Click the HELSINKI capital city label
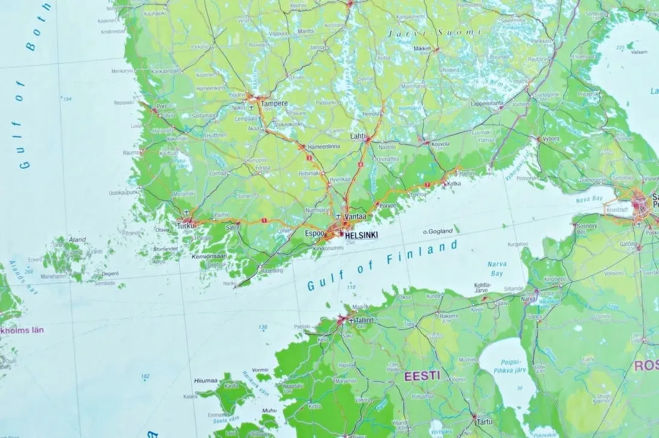click(x=361, y=235)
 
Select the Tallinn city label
click(x=364, y=320)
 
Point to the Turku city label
click(x=186, y=226)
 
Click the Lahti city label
click(x=358, y=136)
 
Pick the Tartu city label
click(x=484, y=422)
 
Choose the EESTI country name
click(x=422, y=376)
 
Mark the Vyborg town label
click(x=550, y=138)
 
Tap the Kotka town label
click(x=454, y=183)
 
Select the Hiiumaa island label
click(x=206, y=380)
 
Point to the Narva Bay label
click(x=497, y=268)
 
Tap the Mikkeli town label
click(x=422, y=48)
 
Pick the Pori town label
click(x=161, y=106)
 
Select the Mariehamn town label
click(x=53, y=277)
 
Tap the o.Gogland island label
click(x=437, y=231)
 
